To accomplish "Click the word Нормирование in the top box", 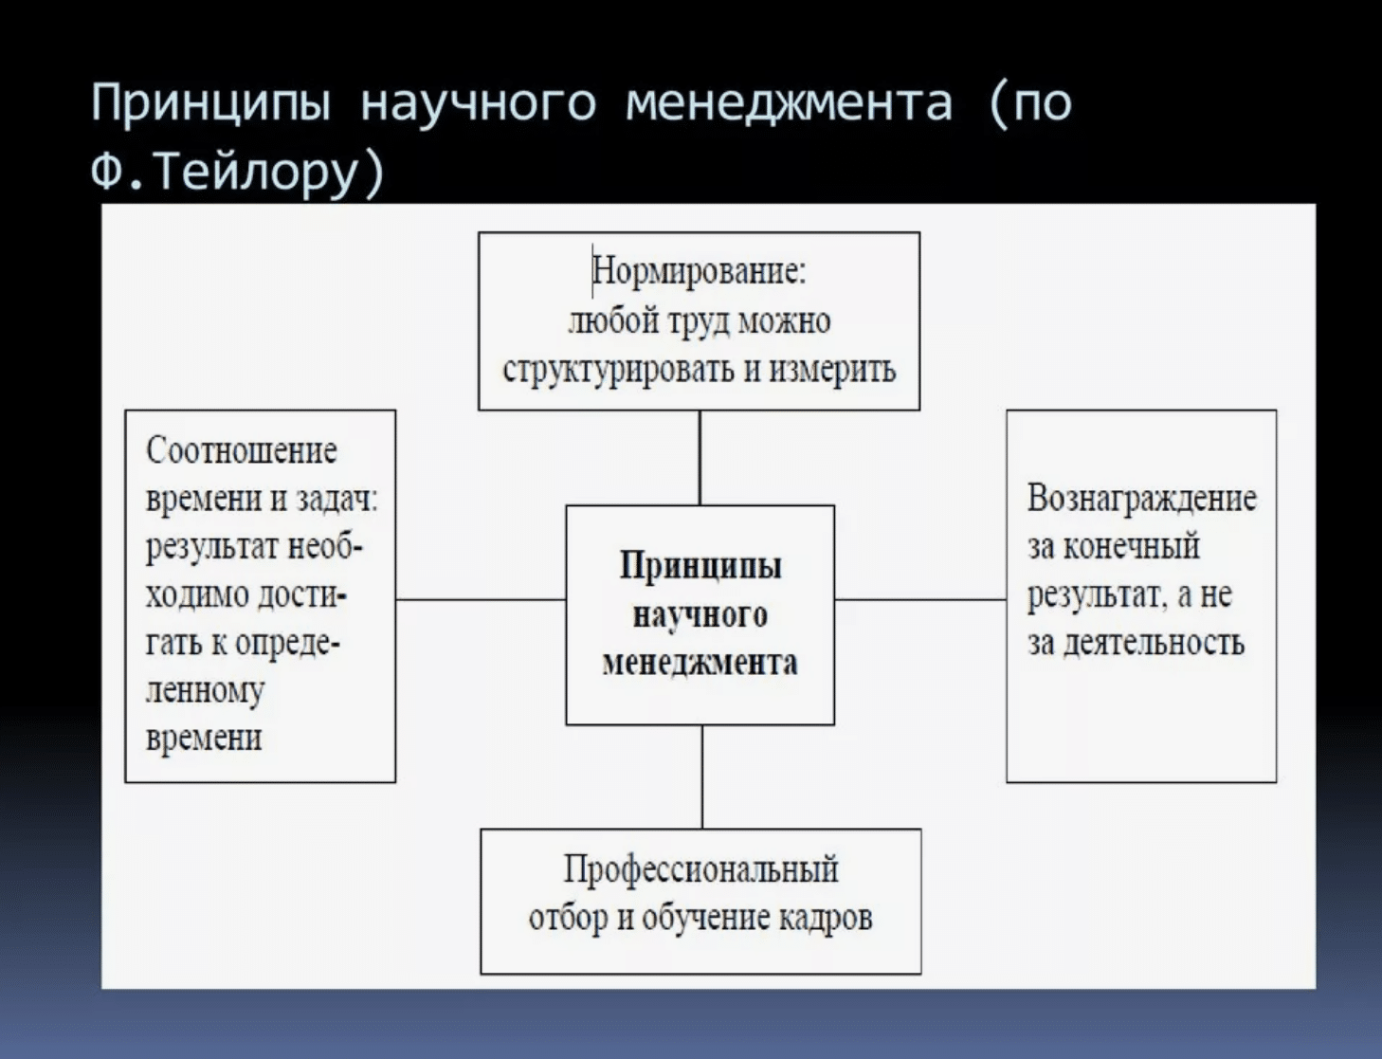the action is tap(699, 272).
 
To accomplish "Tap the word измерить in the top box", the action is tap(832, 370).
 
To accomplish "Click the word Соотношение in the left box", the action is tap(242, 451).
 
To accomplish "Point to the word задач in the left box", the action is tap(337, 500).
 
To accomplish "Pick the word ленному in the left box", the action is tap(205, 692).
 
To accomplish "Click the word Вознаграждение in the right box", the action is tap(1142, 500).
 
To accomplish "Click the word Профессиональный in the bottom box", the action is tap(700, 870).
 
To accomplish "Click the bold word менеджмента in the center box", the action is tap(700, 664).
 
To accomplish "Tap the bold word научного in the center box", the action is tap(700, 615).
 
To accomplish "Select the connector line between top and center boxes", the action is tap(700, 458).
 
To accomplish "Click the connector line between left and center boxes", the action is tap(481, 599).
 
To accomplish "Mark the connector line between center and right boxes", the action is tap(920, 599).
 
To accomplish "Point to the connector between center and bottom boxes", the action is tap(702, 776).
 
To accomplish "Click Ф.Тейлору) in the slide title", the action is tap(238, 173).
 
